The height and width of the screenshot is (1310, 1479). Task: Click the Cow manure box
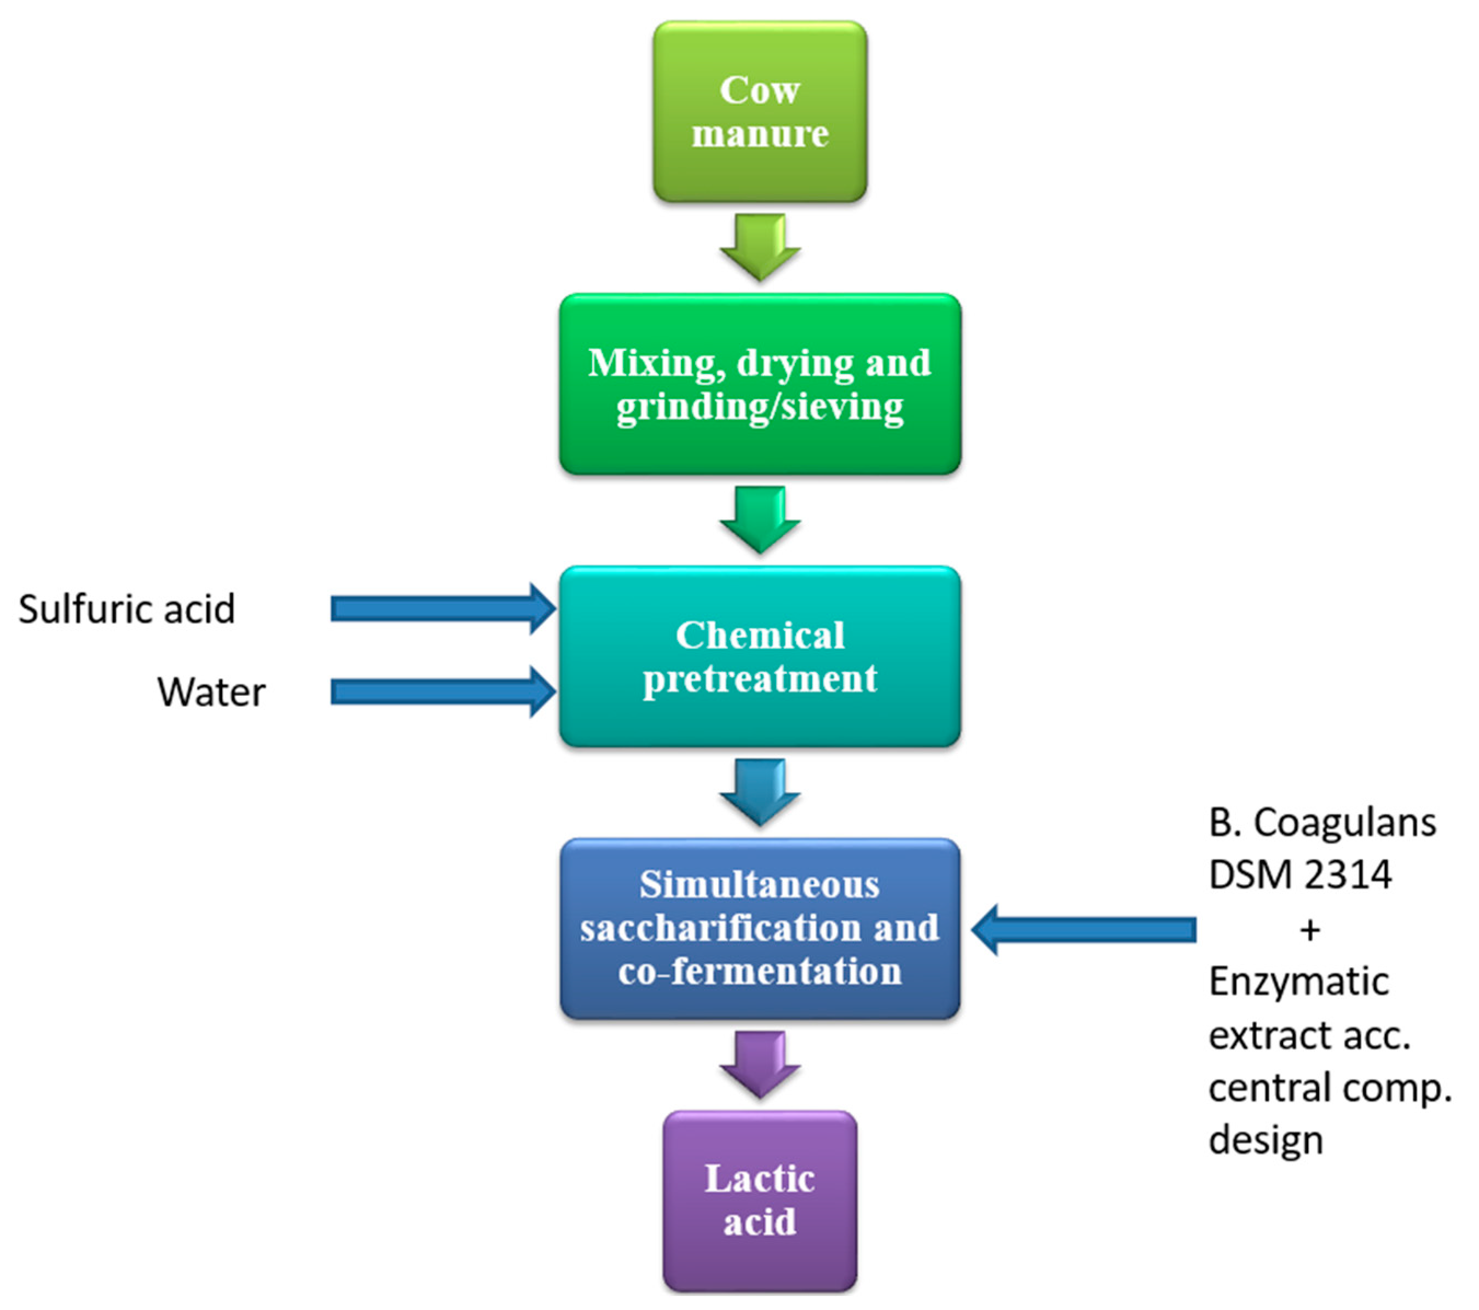coord(760,112)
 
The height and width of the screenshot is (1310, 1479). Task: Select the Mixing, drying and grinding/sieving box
coord(760,384)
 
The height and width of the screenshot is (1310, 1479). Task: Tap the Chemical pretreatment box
coord(760,656)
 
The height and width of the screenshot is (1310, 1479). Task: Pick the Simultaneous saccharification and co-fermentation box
coord(760,928)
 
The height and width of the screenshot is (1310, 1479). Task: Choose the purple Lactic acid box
coord(760,1202)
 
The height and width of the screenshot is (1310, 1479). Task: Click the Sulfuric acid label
coord(126,609)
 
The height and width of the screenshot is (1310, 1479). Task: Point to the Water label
coord(211,692)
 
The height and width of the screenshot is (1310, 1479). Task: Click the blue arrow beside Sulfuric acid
coord(443,609)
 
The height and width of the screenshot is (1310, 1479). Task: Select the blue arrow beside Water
coord(443,692)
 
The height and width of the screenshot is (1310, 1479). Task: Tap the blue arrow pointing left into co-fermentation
coord(1083,930)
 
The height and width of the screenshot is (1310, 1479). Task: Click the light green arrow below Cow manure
coord(760,247)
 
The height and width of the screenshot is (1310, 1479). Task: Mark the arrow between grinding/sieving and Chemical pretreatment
coord(760,520)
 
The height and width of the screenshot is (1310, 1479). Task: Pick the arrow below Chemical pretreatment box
coord(760,792)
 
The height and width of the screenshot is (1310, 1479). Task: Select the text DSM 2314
coord(1300,874)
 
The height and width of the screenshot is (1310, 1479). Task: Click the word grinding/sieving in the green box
coord(760,407)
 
